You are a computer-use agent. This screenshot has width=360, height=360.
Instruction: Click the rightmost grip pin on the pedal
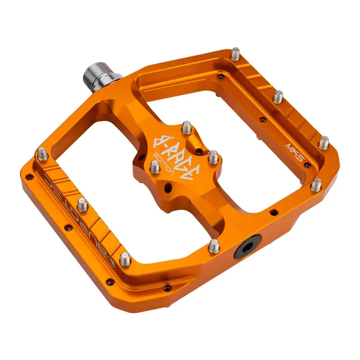point(324,143)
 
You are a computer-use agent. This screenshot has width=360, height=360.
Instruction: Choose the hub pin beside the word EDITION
point(154,167)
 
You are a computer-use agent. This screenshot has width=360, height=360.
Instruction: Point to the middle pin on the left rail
point(82,205)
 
